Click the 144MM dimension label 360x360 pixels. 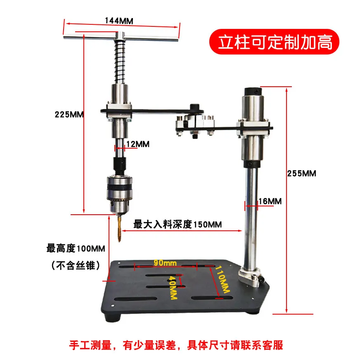119,21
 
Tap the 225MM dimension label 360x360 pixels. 69,114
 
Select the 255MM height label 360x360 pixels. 301,173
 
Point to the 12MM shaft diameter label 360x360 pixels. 138,144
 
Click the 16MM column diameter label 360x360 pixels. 270,201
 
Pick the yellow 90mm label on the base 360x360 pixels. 165,263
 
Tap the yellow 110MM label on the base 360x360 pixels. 222,279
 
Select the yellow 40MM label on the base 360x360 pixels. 173,287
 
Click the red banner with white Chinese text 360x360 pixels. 274,42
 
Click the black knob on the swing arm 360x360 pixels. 194,107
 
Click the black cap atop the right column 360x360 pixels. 253,92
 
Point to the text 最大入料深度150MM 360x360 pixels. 178,224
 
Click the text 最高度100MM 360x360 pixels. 76,249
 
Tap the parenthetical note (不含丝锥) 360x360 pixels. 76,265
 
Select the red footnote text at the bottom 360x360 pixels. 176,345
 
